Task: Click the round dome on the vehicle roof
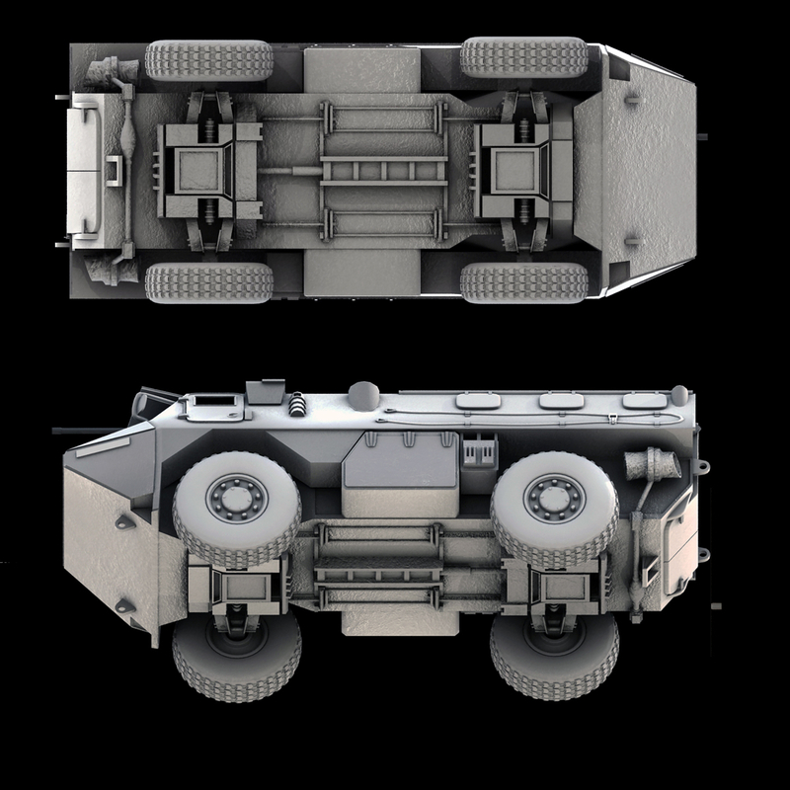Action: (362, 395)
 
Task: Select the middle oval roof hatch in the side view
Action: (560, 401)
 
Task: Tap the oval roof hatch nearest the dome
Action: (478, 400)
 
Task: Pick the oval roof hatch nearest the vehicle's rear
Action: (642, 401)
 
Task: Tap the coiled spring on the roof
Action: (296, 403)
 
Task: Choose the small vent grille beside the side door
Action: (478, 451)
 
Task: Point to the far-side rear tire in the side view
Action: (553, 657)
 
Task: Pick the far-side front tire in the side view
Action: (236, 657)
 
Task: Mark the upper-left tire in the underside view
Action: (208, 59)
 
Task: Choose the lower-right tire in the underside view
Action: (523, 282)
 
